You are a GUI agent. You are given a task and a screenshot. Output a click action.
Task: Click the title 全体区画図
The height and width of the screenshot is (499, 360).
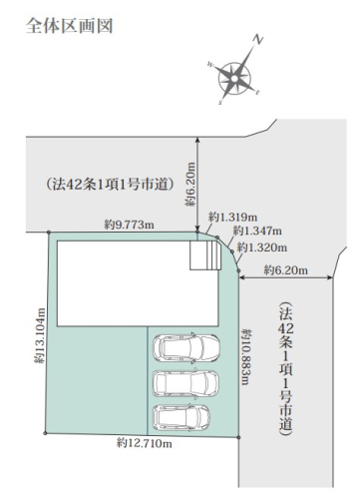[x=69, y=26]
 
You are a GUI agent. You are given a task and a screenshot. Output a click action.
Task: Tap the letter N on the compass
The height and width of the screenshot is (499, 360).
[x=257, y=40]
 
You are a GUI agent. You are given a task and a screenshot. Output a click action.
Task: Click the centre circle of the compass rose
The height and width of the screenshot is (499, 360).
[x=234, y=79]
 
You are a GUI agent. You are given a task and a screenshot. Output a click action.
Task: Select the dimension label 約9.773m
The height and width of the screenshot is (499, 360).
[x=130, y=225]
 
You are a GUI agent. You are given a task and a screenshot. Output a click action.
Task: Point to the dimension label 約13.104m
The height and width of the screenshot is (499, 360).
[x=40, y=335]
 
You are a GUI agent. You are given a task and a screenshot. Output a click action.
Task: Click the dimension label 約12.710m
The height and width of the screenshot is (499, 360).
[x=145, y=443]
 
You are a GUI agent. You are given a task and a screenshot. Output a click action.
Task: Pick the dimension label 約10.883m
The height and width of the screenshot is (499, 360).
[x=246, y=356]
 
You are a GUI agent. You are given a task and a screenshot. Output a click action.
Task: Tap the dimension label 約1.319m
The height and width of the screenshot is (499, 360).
[x=232, y=218]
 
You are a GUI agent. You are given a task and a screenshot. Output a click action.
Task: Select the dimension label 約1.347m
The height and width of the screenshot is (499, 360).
[x=257, y=231]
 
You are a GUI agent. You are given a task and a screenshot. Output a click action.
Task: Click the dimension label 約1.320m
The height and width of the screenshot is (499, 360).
[x=262, y=248]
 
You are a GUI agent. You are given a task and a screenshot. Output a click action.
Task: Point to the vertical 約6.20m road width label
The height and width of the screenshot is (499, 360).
[x=190, y=184]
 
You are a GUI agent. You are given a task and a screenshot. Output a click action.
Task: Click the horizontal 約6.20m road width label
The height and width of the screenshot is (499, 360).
[x=286, y=269]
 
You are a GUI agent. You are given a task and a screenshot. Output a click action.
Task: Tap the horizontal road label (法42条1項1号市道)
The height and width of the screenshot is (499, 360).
[x=109, y=184]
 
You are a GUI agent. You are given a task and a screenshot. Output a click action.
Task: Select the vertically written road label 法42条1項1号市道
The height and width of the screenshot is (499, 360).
[x=286, y=369]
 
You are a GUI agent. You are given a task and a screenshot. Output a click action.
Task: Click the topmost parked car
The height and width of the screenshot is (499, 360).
[x=186, y=347]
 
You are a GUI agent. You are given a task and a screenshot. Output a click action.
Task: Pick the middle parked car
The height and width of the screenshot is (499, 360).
[x=185, y=383]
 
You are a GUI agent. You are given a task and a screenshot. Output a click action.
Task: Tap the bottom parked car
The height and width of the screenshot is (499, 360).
[x=181, y=417]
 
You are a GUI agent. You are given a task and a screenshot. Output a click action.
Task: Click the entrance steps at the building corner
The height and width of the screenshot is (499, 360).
[x=205, y=255]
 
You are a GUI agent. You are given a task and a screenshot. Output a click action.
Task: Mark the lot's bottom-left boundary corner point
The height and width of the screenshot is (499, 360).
[x=45, y=433]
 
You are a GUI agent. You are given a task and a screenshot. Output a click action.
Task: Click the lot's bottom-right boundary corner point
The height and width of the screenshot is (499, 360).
[x=238, y=437]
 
